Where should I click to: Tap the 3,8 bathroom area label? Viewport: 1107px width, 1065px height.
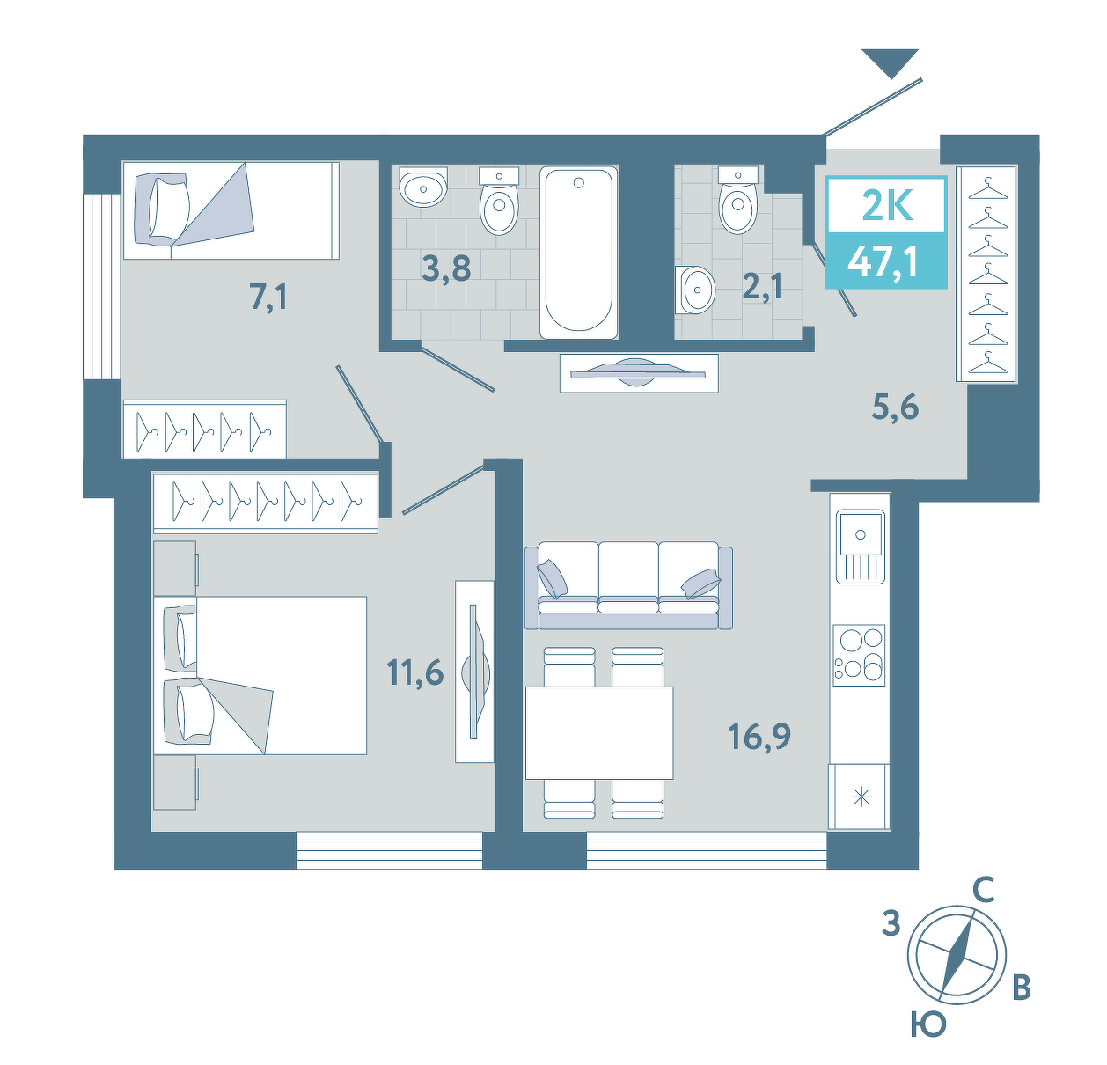click(x=446, y=268)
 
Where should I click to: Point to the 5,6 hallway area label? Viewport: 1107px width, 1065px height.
click(x=896, y=407)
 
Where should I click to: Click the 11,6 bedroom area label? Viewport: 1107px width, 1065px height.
click(x=414, y=673)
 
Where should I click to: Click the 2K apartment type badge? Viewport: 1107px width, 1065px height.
click(x=886, y=206)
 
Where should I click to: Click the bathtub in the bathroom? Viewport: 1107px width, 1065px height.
click(x=578, y=252)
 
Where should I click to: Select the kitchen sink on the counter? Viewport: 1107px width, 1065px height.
click(x=860, y=546)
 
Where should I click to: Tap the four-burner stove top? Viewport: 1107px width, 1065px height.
click(x=859, y=655)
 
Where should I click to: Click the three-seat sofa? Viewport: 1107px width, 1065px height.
click(x=628, y=584)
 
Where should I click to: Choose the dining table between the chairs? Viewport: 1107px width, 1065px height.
click(x=599, y=733)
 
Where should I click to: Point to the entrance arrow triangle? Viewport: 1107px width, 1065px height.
click(x=891, y=62)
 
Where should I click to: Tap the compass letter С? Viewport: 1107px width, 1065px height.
click(x=984, y=891)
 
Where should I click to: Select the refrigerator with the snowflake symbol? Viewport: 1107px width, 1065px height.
click(x=859, y=797)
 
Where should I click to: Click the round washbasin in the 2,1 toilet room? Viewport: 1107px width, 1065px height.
click(x=695, y=290)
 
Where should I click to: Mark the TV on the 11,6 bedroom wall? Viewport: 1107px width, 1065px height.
click(x=474, y=672)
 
